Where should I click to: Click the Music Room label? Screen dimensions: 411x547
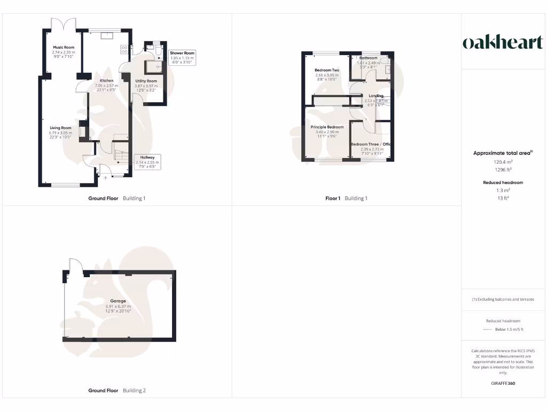63,48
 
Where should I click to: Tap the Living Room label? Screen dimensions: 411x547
60,128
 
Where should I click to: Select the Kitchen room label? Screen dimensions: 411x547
106,81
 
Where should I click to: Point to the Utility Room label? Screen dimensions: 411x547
146,81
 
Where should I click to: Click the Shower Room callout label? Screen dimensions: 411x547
182,54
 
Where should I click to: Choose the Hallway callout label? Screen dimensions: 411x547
145,157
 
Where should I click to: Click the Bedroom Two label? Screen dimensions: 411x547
327,70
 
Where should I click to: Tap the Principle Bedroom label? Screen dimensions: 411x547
327,127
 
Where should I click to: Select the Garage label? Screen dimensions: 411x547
118,301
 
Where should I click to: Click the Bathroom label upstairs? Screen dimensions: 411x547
369,58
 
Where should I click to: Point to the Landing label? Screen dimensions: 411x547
376,96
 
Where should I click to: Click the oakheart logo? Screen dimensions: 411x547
502,43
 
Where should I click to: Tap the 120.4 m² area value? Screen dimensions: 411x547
502,161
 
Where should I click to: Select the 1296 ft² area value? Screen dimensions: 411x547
502,169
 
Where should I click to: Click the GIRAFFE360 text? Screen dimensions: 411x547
502,383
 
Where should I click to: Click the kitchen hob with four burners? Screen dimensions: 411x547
124,49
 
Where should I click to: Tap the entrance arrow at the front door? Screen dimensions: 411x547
105,178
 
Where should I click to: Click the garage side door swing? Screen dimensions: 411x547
75,266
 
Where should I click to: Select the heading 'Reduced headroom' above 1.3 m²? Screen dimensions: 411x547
502,182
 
